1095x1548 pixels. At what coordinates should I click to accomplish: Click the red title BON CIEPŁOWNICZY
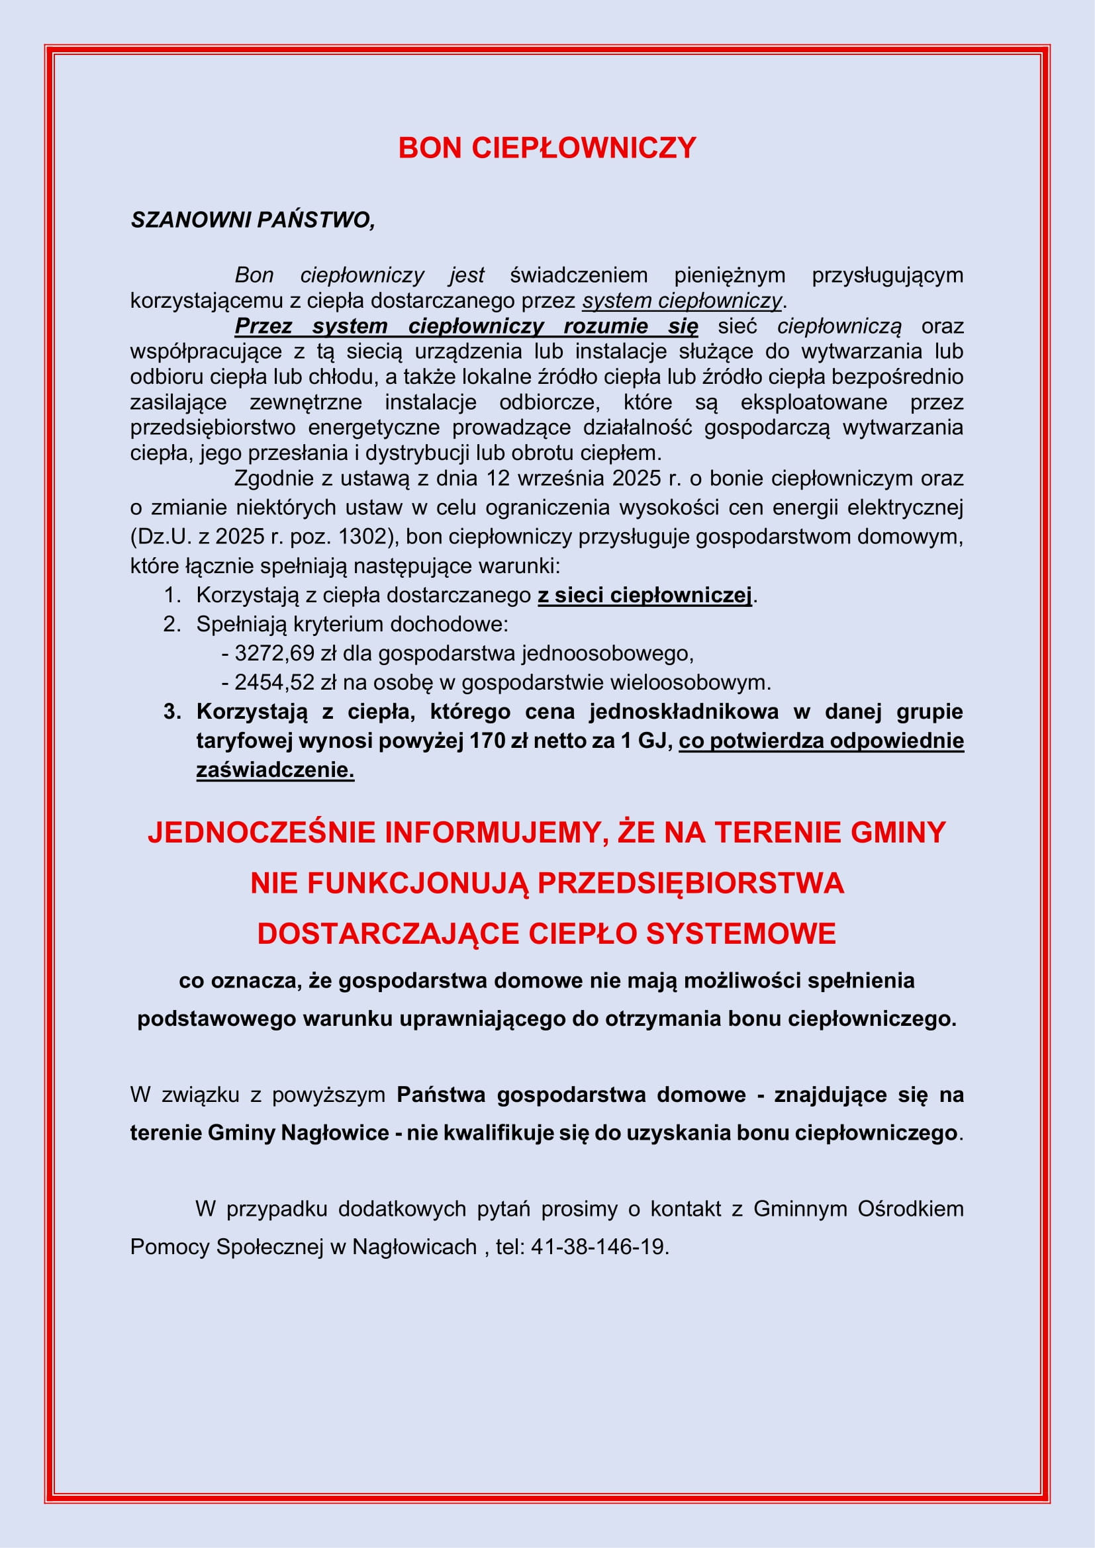click(547, 148)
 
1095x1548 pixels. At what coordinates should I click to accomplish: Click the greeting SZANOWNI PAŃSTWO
click(252, 220)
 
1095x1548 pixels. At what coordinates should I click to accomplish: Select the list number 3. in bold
click(172, 711)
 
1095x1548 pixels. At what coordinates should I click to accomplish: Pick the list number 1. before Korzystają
click(173, 595)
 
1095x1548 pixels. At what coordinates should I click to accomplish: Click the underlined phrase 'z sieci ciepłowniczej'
click(644, 595)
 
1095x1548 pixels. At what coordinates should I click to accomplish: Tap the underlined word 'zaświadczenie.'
click(275, 769)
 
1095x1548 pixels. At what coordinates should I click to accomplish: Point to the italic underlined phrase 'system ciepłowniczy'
click(682, 300)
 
